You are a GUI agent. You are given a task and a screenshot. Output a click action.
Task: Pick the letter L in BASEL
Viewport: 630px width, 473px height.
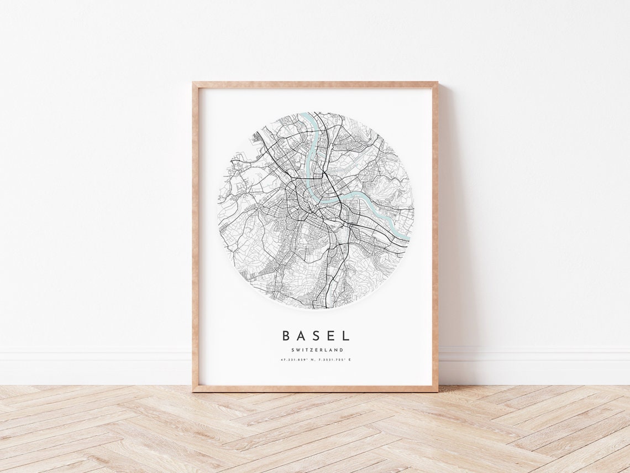tap(346, 336)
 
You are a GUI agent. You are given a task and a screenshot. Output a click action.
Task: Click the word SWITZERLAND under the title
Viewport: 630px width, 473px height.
tap(316, 350)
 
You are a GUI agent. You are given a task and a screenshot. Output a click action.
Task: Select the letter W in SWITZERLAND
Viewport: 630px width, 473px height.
tap(297, 350)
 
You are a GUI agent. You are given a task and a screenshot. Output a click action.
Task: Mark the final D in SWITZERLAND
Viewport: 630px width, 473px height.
tap(342, 350)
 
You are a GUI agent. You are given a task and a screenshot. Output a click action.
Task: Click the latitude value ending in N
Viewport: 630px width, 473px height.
tap(298, 361)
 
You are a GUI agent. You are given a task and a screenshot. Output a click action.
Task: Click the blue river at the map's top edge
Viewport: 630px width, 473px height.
tap(310, 117)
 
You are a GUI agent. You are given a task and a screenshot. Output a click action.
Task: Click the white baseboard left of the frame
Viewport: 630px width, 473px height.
tap(94, 365)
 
